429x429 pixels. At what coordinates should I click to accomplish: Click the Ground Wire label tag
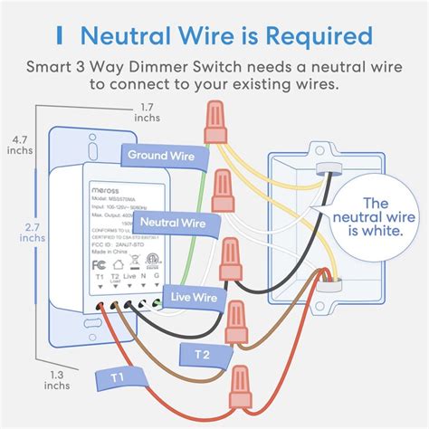pos(160,156)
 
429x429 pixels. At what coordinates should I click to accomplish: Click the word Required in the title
pos(310,36)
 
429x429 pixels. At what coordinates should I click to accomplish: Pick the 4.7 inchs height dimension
pos(19,144)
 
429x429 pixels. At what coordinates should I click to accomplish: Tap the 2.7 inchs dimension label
pos(19,231)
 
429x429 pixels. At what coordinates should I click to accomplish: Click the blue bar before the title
pos(59,36)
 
